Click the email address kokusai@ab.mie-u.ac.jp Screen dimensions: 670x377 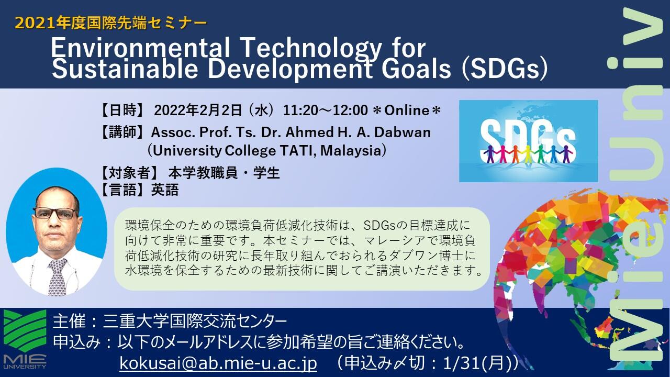(x=218, y=363)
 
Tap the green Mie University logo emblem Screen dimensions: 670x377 (x=25, y=330)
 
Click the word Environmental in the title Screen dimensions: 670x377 (x=140, y=48)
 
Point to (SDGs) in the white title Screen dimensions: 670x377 (x=505, y=69)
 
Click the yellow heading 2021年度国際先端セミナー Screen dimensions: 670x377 (x=110, y=23)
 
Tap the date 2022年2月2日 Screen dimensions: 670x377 (x=198, y=110)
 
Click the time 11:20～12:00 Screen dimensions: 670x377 (x=325, y=110)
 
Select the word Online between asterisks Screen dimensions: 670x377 (x=407, y=110)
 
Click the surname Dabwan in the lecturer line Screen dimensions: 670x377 (x=403, y=132)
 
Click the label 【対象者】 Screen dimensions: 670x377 (x=129, y=173)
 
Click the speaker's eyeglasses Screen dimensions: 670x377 (x=55, y=213)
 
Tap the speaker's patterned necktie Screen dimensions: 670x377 (x=57, y=277)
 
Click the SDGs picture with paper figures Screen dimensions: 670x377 (x=529, y=141)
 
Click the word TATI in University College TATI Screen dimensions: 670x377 (x=295, y=150)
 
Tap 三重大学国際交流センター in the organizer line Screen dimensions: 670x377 (x=195, y=321)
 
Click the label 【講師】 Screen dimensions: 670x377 (x=122, y=132)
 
